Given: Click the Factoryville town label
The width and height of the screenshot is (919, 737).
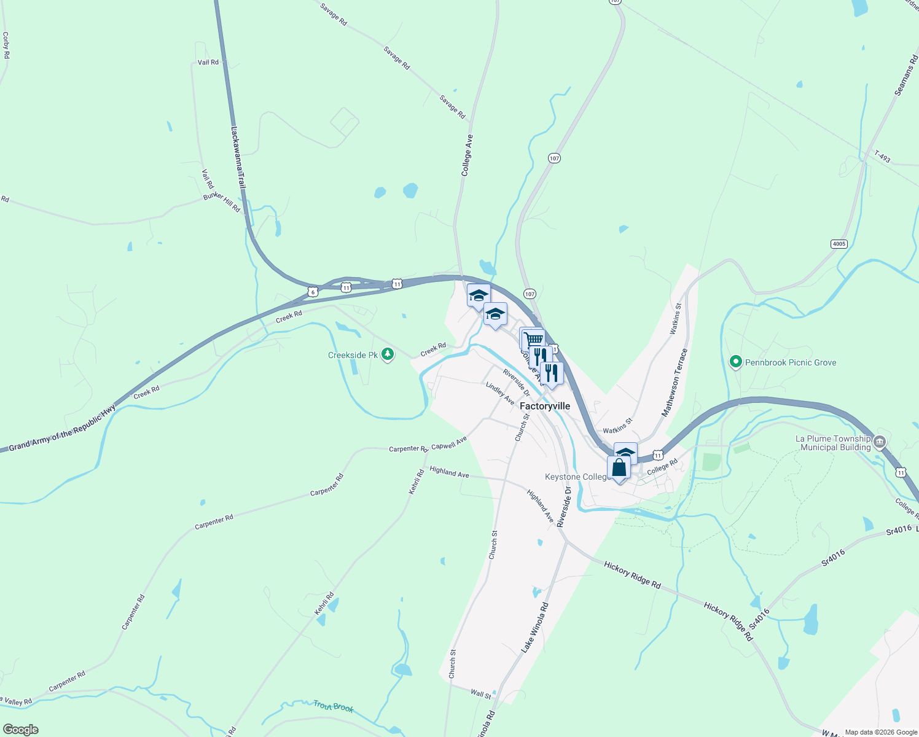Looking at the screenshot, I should [x=544, y=406].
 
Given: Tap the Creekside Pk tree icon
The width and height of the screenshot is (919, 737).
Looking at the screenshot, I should [x=387, y=354].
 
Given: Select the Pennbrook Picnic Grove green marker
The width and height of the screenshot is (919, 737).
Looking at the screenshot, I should [x=735, y=362].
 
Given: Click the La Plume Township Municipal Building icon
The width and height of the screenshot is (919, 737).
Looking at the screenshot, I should [x=880, y=442].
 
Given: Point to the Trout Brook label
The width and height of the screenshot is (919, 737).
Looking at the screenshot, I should [x=333, y=706].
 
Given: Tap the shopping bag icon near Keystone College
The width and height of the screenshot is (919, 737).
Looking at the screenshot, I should [x=619, y=468].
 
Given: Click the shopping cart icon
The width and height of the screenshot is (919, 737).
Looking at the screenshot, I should [x=533, y=339].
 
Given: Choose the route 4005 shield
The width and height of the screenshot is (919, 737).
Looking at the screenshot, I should [x=839, y=244].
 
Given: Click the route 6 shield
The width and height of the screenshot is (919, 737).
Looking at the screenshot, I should [x=313, y=292].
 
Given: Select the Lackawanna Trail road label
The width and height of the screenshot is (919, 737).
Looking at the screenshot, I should [x=238, y=158].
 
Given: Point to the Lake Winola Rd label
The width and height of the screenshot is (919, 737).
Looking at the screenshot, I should [x=534, y=627].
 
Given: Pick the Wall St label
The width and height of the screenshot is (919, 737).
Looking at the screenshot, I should [x=480, y=693].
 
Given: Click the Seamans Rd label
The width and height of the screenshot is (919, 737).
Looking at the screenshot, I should [x=906, y=76].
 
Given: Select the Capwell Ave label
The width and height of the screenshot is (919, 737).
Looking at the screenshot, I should [x=448, y=443].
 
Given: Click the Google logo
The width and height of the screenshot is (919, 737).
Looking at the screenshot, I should [x=21, y=730].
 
